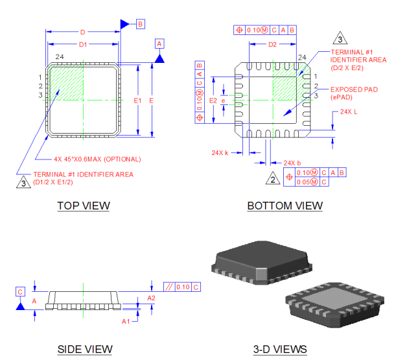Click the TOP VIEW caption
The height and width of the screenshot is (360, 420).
[x=84, y=206]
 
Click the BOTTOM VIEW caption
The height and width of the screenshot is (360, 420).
[x=285, y=206]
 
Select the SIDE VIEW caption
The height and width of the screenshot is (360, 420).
[x=85, y=349]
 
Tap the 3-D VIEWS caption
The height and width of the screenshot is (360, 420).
[x=279, y=349]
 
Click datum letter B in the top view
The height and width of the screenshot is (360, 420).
[x=141, y=23]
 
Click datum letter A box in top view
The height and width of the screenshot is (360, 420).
[x=160, y=43]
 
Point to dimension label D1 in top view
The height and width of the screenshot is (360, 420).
[x=82, y=44]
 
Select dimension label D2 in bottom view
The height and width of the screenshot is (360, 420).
[x=272, y=44]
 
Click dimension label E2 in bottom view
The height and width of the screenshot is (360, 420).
[x=212, y=101]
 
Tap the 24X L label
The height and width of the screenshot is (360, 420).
[x=348, y=112]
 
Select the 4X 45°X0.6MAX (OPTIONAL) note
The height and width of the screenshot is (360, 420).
[x=97, y=158]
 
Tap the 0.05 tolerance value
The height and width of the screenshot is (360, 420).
[x=302, y=182]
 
